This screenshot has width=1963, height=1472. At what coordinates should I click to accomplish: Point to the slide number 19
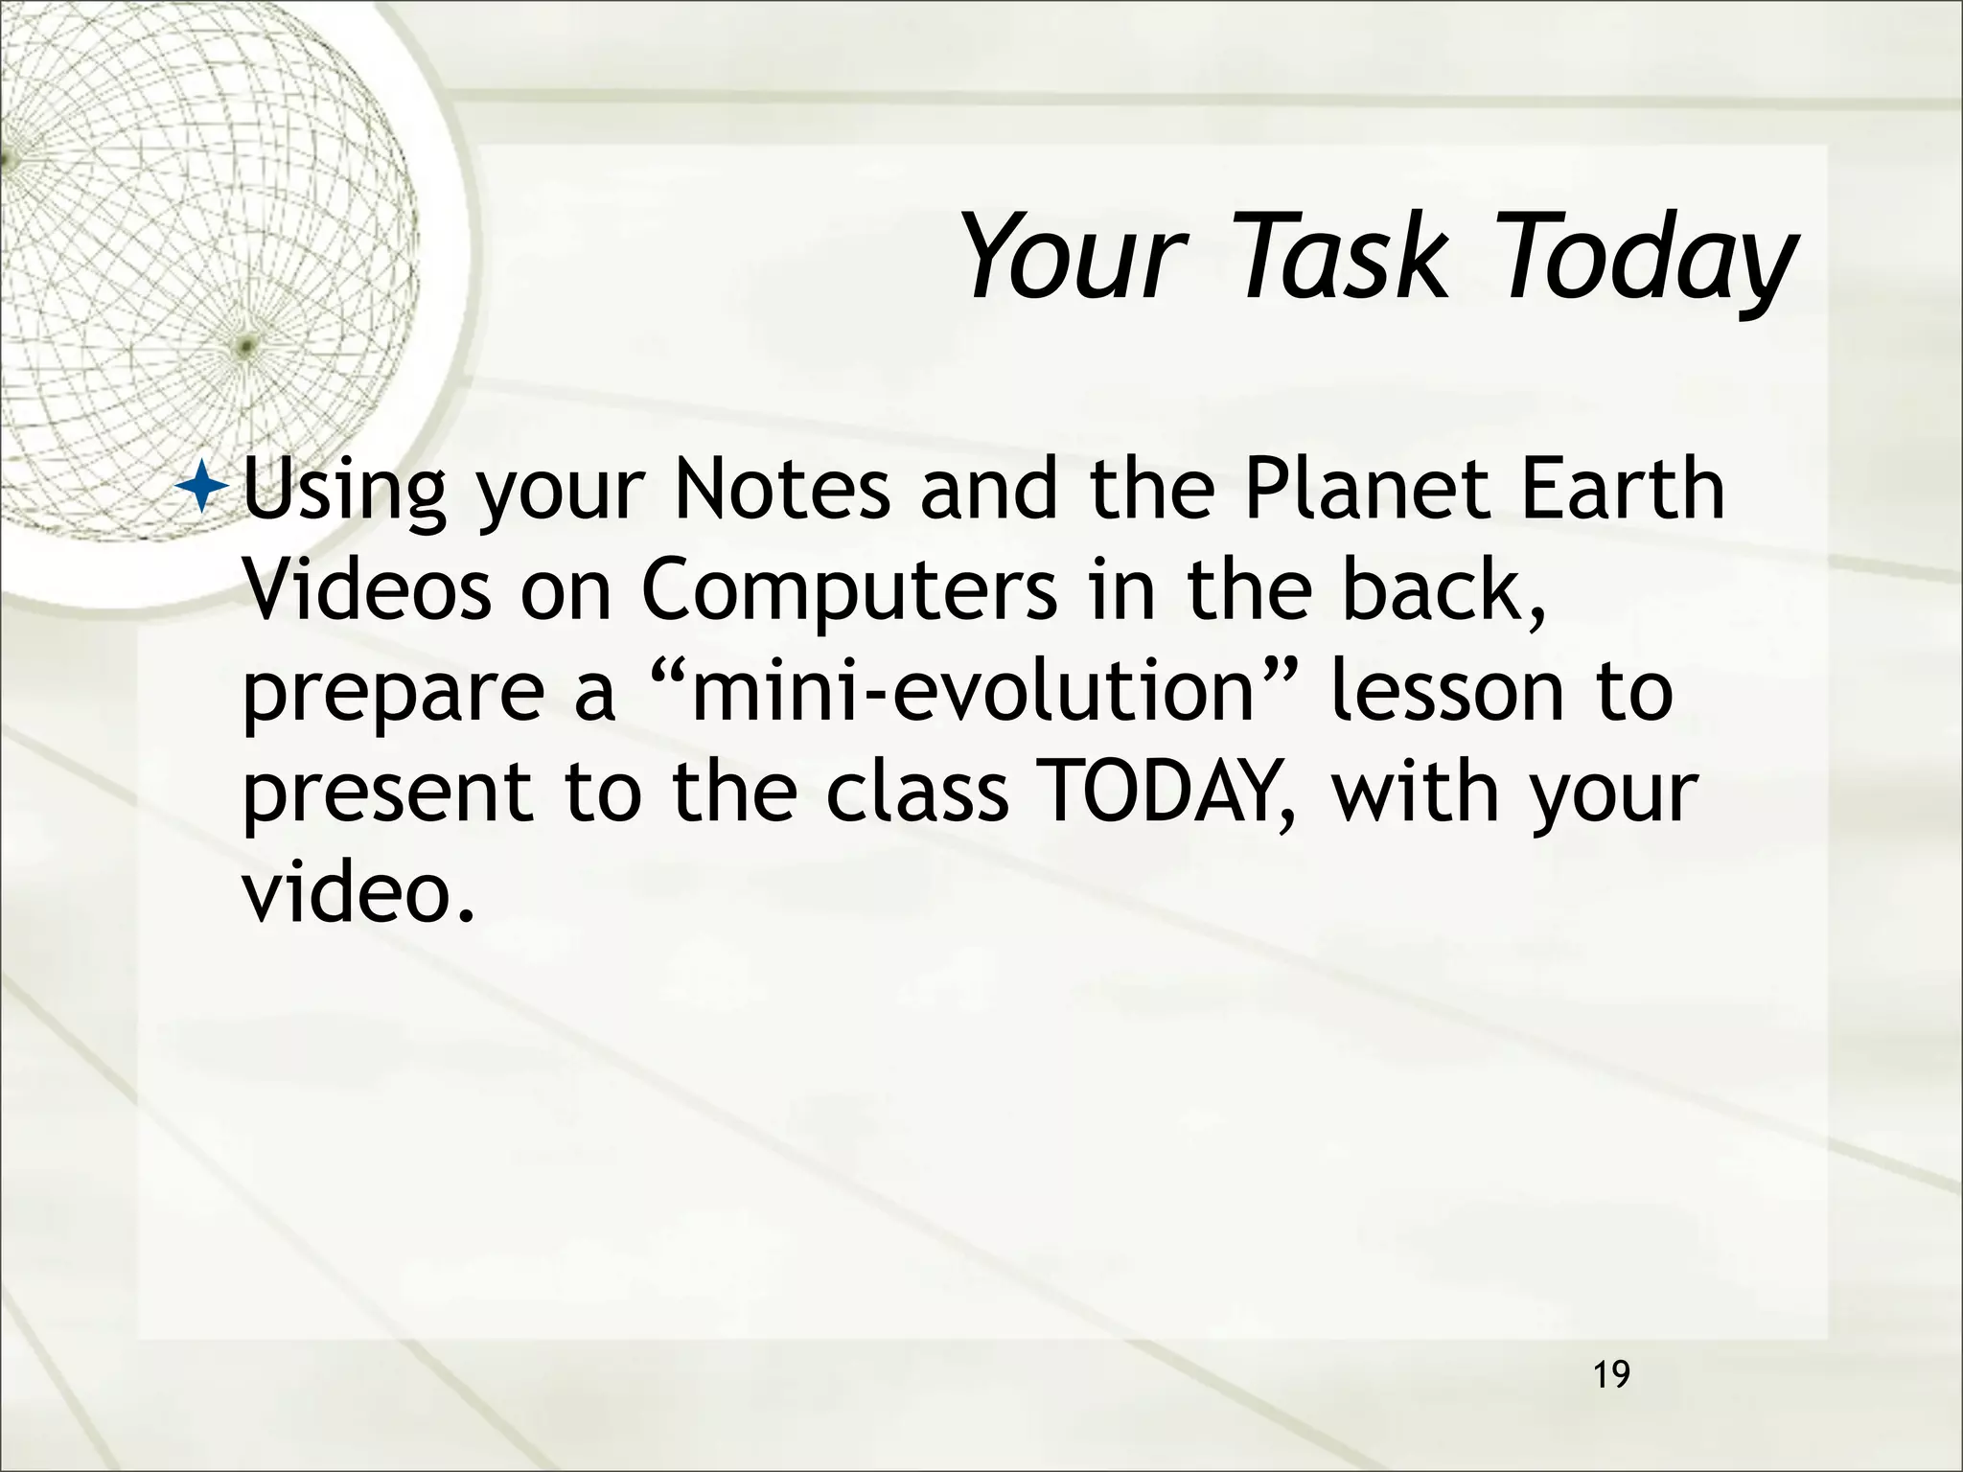click(x=1611, y=1375)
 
